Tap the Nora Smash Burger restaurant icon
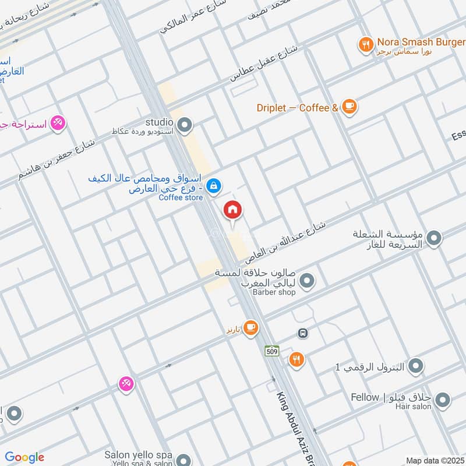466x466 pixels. point(366,44)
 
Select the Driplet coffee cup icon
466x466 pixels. point(348,106)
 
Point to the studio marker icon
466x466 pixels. point(185,124)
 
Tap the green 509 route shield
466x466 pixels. point(272,351)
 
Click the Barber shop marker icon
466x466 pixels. point(308,281)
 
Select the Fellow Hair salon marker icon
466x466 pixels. point(442,400)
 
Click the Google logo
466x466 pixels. point(24,457)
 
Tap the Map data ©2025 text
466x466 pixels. point(435,460)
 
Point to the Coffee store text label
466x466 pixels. point(181,198)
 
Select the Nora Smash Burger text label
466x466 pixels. point(413,42)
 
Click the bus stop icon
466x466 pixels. point(302,333)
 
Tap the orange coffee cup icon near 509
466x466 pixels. point(250,329)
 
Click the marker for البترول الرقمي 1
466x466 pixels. point(415,366)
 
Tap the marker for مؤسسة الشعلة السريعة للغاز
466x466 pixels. point(433,238)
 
